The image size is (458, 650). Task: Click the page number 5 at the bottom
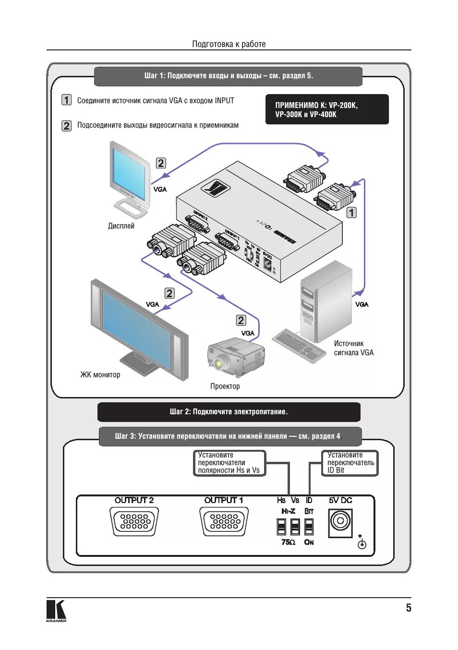[x=409, y=608]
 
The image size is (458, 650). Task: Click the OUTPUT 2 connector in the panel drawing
[x=134, y=521]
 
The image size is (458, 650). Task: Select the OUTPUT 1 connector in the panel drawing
[x=224, y=521]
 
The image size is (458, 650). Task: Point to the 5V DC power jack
[x=340, y=522]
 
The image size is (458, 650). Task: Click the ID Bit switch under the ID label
[x=309, y=526]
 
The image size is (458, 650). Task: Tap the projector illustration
[x=236, y=357]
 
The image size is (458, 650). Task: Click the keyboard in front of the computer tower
[x=299, y=345]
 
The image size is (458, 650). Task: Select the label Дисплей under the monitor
[x=121, y=226]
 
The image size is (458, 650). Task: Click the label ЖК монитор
[x=100, y=374]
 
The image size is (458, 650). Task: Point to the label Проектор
[x=225, y=386]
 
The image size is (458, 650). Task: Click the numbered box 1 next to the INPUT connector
[x=352, y=212]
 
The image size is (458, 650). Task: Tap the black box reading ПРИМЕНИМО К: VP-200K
[x=327, y=109]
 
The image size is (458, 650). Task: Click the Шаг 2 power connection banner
[x=229, y=412]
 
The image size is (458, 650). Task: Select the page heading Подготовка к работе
[x=229, y=44]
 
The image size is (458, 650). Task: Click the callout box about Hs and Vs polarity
[x=229, y=463]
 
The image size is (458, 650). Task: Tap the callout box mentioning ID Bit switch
[x=350, y=463]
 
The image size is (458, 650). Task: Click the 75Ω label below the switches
[x=288, y=542]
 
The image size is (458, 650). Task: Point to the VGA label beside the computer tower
[x=362, y=304]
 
